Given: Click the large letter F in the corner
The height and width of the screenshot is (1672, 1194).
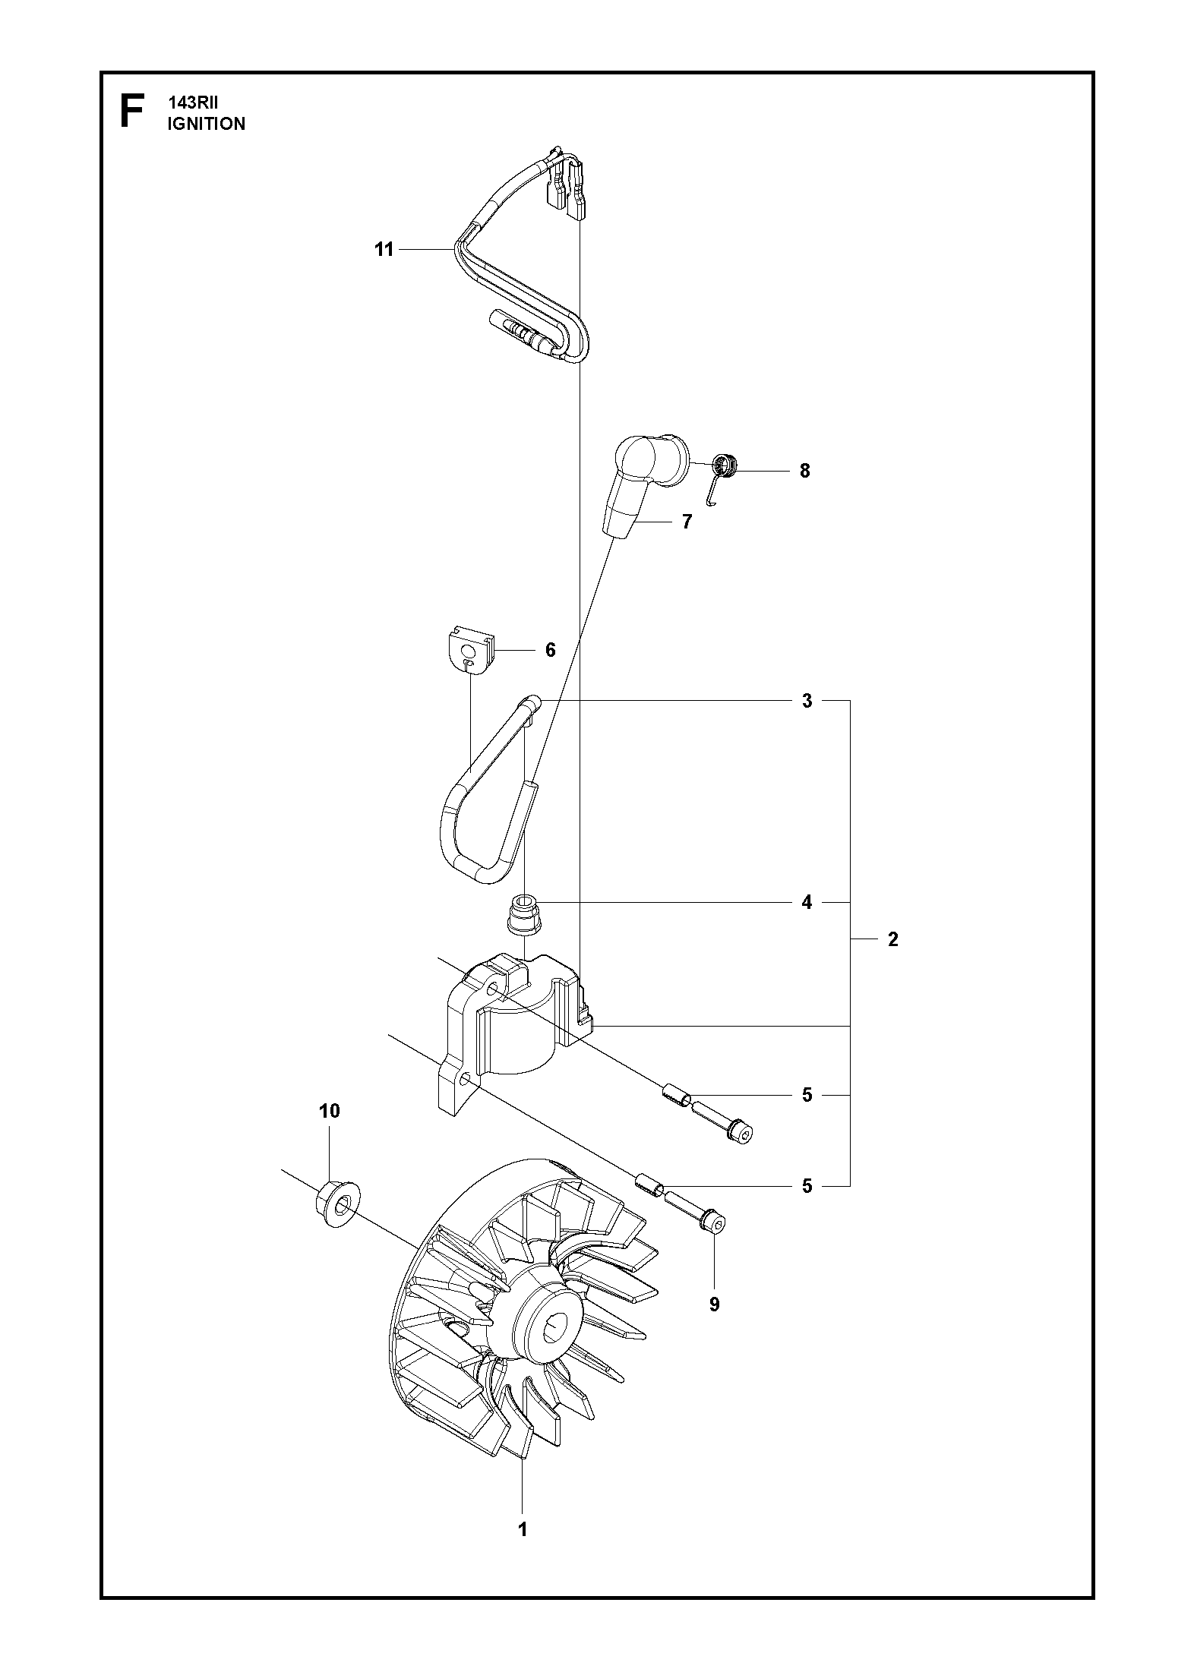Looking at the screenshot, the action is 131,112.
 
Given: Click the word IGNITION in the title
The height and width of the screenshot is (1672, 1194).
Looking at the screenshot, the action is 207,124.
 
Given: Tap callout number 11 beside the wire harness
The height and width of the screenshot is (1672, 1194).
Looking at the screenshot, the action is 384,249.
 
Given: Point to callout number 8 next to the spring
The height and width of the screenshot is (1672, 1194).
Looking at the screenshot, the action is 804,471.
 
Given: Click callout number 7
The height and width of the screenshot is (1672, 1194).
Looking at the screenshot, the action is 687,522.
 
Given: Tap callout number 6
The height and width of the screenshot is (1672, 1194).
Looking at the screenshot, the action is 550,650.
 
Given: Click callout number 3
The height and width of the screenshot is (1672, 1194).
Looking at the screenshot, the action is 807,701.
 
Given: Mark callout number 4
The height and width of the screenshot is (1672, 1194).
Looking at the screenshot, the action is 807,902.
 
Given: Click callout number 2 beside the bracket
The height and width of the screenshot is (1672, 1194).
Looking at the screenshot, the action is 893,939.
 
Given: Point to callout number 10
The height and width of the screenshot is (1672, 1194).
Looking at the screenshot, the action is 330,1111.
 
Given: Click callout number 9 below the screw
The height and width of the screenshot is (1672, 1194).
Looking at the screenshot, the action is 714,1304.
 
